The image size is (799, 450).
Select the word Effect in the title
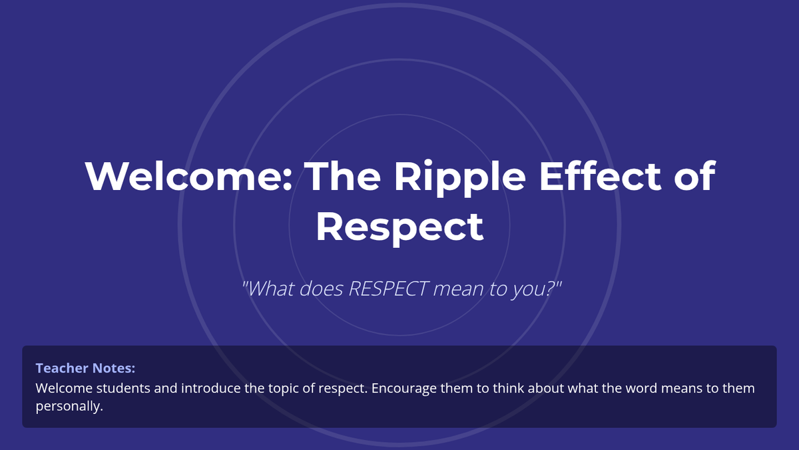(x=601, y=176)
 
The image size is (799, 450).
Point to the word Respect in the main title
(x=400, y=227)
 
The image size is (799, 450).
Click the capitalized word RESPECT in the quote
(x=388, y=289)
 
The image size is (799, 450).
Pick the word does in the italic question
(x=321, y=289)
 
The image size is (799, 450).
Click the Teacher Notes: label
(x=85, y=368)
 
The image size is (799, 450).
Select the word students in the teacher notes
(x=123, y=388)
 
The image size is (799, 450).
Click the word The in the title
(x=342, y=176)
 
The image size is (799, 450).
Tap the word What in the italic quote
(x=271, y=289)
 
